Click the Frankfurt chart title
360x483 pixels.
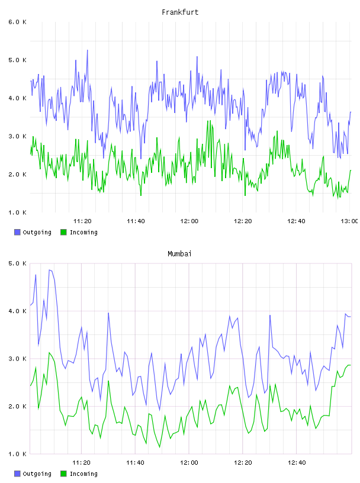click(180, 12)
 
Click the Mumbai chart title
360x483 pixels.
click(179, 254)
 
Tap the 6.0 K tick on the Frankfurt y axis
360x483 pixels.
click(18, 22)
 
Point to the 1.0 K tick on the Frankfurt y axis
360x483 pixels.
click(18, 212)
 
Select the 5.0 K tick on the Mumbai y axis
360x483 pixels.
click(18, 263)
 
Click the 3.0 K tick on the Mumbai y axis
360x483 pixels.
click(18, 359)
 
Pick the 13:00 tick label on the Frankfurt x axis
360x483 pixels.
click(349, 221)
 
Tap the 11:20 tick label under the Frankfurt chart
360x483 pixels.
click(82, 221)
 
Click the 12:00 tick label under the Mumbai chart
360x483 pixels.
click(189, 463)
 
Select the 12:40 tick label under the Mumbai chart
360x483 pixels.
click(296, 463)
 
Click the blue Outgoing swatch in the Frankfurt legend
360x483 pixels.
click(17, 232)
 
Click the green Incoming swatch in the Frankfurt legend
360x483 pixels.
click(63, 232)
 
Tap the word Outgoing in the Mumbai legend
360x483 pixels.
click(37, 474)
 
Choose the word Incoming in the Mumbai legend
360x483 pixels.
click(83, 474)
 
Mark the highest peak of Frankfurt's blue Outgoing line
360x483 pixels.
click(87, 50)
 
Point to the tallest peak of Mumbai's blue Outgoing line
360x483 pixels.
click(49, 270)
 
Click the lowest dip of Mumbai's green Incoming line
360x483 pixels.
click(160, 447)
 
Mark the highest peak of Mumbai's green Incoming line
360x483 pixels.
click(49, 352)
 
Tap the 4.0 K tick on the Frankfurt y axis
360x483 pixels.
click(18, 98)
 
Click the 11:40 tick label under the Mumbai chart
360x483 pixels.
click(135, 463)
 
